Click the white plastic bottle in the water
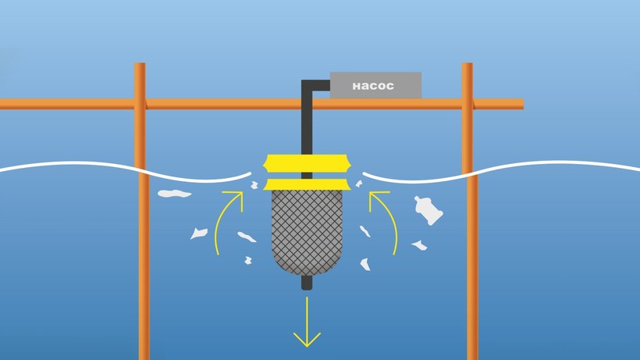(x=428, y=209)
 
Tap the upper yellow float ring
(x=307, y=163)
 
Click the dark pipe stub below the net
(x=307, y=282)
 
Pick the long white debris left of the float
(x=174, y=193)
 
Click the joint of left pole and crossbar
(x=140, y=104)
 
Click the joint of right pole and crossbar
(x=468, y=104)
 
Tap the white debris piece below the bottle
(x=419, y=244)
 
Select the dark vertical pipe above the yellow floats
(x=307, y=125)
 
